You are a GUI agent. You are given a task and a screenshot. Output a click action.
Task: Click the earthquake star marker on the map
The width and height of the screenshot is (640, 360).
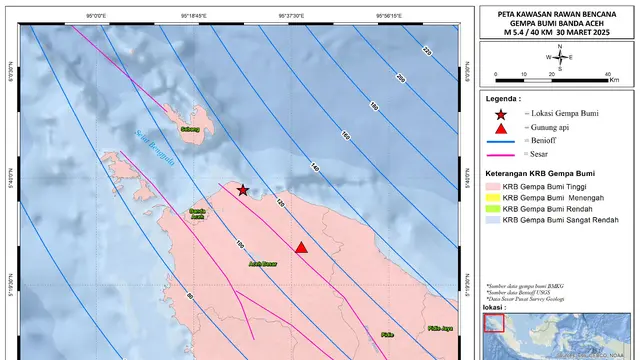(242, 189)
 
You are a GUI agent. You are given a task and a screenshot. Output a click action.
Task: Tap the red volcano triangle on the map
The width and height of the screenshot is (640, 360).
(301, 247)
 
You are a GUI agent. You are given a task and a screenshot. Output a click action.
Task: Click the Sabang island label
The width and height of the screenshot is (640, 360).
(190, 129)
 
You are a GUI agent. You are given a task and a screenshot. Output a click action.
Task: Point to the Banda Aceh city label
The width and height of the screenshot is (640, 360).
(198, 214)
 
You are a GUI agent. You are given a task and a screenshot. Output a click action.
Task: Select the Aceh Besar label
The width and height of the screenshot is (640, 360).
(263, 265)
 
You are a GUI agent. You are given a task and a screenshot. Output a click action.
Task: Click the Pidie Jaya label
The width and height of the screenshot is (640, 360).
(440, 328)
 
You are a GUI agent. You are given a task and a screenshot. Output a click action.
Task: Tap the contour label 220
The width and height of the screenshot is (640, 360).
(426, 52)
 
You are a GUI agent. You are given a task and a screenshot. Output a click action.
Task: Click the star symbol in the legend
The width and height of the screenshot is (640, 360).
(500, 116)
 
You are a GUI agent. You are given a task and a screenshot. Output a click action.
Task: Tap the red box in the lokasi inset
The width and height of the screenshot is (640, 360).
(492, 322)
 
